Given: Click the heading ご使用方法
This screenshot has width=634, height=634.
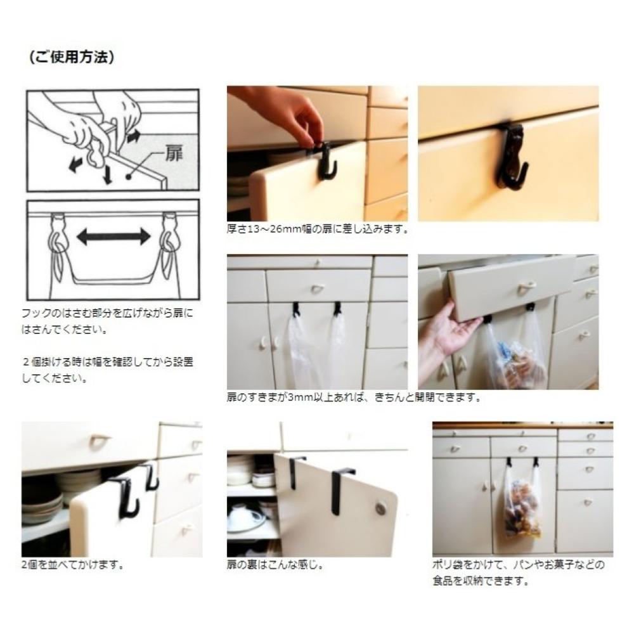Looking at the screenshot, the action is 72,57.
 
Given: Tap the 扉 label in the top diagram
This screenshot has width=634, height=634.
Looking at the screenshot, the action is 174,153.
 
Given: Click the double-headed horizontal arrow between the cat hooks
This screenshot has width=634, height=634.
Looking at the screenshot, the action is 113,236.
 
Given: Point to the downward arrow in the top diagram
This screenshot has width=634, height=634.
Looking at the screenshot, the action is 107,174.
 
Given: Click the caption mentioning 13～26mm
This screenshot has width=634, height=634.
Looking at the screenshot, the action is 318,230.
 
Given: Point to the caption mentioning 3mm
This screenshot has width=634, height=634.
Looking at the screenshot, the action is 354,398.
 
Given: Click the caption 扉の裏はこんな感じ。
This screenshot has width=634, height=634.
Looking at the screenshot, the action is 276,565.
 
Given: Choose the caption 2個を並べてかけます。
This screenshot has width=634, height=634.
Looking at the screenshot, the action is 73,565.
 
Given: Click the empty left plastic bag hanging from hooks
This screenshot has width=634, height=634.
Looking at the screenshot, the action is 301,352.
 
